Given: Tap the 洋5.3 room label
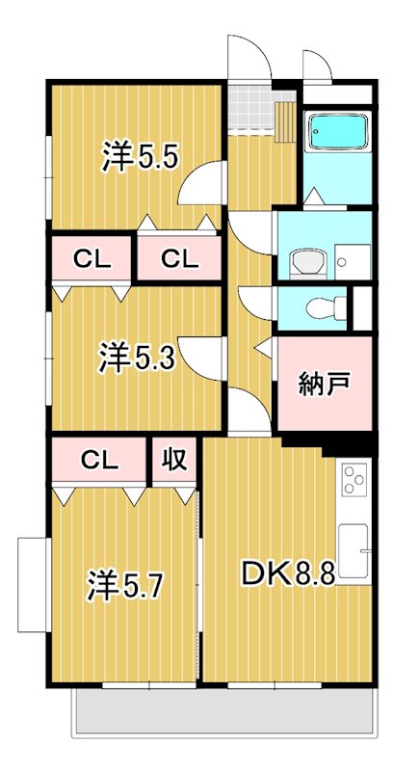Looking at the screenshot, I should tap(136, 359).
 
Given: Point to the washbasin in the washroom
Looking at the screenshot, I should tap(307, 260).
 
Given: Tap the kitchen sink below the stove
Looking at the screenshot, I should tap(354, 550).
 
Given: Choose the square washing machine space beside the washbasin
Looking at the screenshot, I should tap(352, 257).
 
